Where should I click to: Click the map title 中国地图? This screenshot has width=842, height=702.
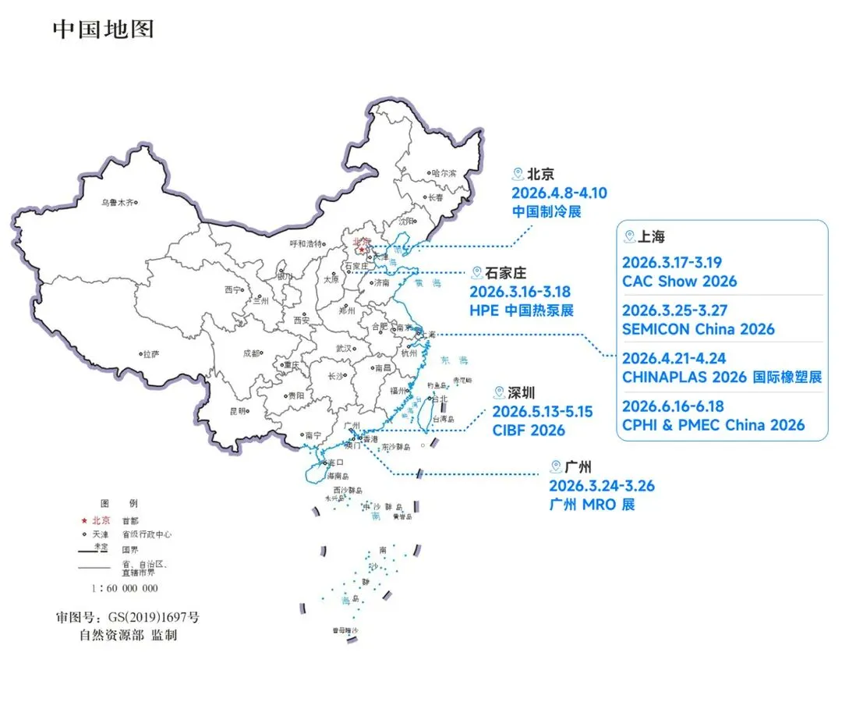(103, 29)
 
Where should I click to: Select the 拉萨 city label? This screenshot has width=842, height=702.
(150, 354)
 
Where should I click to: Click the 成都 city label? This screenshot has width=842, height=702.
(251, 353)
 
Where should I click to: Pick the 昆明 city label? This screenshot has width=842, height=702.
(238, 410)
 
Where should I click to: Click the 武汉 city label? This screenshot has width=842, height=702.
(343, 349)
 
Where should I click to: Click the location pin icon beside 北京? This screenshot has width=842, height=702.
(515, 174)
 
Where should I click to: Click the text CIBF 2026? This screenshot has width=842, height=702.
(528, 430)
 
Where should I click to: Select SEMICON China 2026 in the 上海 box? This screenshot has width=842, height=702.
(698, 329)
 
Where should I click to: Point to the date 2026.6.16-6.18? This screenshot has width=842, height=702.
(673, 406)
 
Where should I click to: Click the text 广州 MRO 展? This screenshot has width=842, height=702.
(592, 505)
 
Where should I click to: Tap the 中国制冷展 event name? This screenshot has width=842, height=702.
(547, 211)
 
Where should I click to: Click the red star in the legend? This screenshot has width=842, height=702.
(84, 519)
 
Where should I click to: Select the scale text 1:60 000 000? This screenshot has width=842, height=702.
(125, 588)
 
